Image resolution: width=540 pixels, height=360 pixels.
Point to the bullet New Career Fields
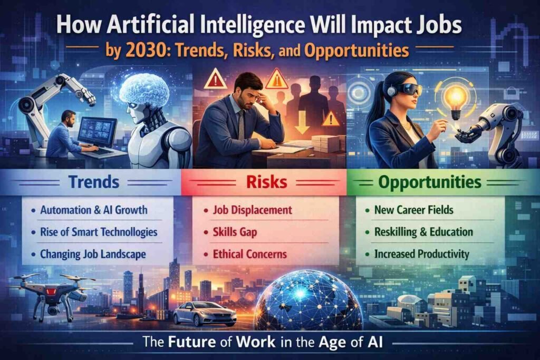pos(413,210)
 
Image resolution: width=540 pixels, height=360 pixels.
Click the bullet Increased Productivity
pos(421,254)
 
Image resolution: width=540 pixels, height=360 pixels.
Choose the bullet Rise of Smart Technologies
pos(99,232)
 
